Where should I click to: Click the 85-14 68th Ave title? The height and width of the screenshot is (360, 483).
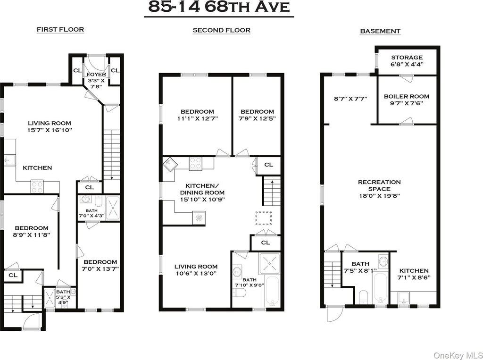[x=219, y=7]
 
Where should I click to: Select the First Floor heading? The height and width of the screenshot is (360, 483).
[x=60, y=30]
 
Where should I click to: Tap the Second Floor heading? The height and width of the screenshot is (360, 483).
[x=222, y=30]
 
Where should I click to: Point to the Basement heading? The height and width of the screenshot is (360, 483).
[x=380, y=31]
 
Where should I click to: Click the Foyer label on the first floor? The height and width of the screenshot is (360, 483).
[x=96, y=75]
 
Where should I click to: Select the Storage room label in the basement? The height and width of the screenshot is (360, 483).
[x=407, y=58]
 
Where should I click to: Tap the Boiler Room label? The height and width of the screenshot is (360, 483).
[x=406, y=96]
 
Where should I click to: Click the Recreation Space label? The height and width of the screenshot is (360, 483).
[x=379, y=185]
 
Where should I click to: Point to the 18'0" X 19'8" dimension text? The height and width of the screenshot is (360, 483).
[x=379, y=196]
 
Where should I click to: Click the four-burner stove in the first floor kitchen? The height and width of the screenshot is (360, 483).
[x=37, y=187]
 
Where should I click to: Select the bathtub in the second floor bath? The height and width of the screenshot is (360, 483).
[x=272, y=291]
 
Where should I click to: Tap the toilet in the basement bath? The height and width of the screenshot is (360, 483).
[x=364, y=297]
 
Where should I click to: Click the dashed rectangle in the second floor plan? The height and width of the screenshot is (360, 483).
[x=263, y=218]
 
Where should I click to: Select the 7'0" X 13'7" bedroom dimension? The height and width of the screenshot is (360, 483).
[x=100, y=269]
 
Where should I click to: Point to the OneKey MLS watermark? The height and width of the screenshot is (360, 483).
[x=458, y=355]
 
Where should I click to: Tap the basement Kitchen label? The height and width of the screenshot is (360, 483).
[x=414, y=271]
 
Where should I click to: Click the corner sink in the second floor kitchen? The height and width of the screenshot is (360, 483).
[x=169, y=163]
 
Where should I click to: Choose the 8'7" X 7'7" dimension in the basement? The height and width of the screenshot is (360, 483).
[x=350, y=99]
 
